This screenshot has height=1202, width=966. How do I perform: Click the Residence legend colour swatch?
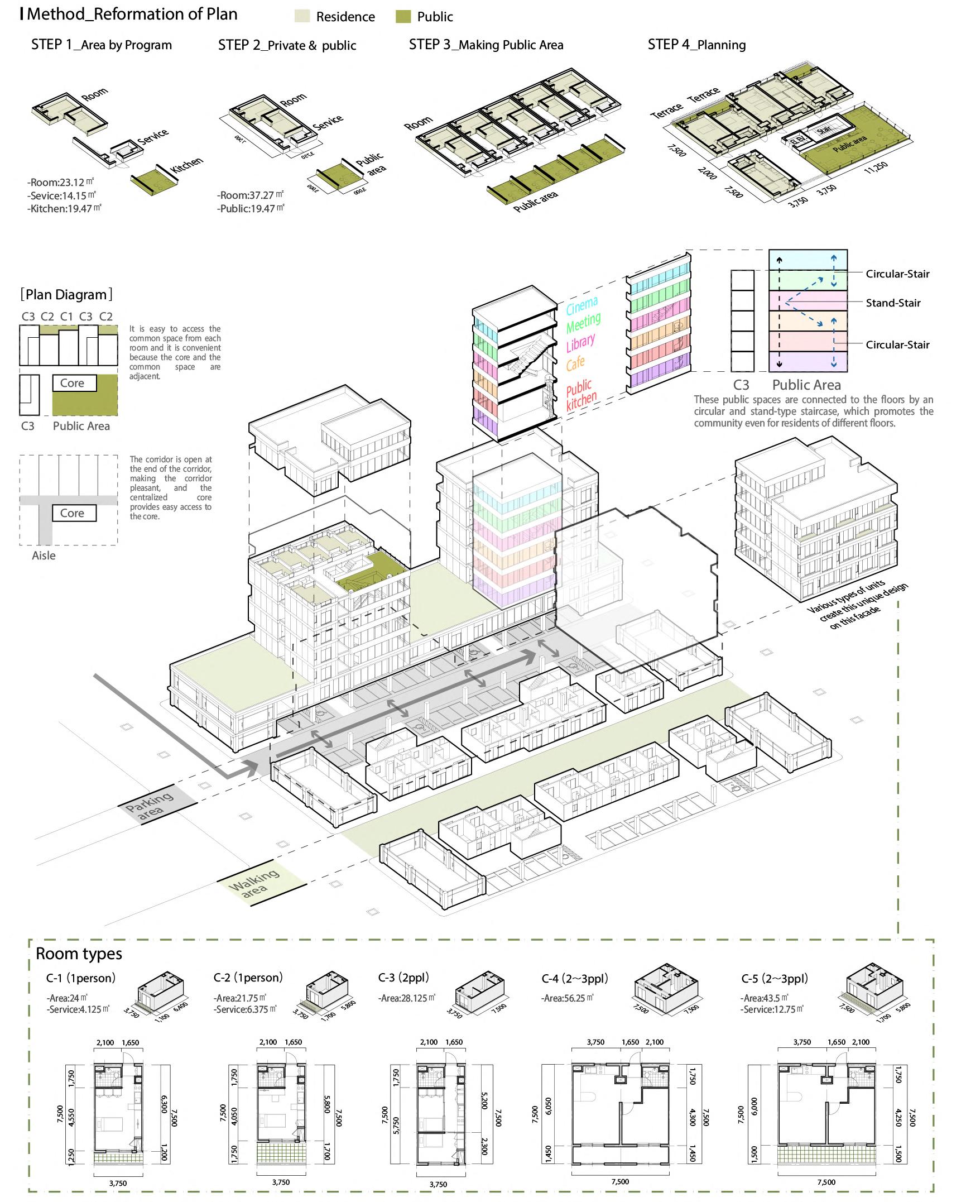point(302,16)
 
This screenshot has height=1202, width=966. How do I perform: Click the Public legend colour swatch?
point(403,16)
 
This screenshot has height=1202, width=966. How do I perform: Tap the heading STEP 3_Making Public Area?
point(486,45)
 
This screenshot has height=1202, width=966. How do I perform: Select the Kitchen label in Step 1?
point(186,169)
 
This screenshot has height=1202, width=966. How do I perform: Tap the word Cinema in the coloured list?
point(581,305)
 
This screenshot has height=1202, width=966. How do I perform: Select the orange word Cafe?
point(575,364)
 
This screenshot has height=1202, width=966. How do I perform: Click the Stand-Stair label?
point(893,303)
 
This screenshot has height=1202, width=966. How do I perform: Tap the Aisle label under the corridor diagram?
point(44,555)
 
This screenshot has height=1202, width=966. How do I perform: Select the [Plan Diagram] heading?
point(66,295)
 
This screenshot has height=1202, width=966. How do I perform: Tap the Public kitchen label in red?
point(580,394)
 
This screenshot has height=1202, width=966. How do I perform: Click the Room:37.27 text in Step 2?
point(250,195)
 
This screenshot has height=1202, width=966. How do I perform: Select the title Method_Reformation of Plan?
point(132,14)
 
